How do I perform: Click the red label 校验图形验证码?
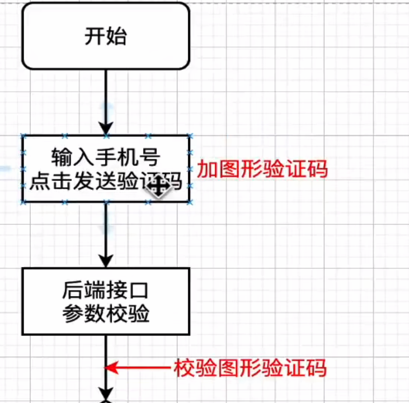coord(250,368)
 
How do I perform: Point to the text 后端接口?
coord(106,292)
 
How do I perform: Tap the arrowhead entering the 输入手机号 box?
coord(106,128)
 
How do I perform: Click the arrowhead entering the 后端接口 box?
coord(106,261)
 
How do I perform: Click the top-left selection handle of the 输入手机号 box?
coord(23,135)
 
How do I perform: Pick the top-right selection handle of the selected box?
coord(190,135)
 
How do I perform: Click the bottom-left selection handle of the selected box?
coord(23,203)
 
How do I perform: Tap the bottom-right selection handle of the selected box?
coord(190,203)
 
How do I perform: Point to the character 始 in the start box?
coord(116,36)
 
